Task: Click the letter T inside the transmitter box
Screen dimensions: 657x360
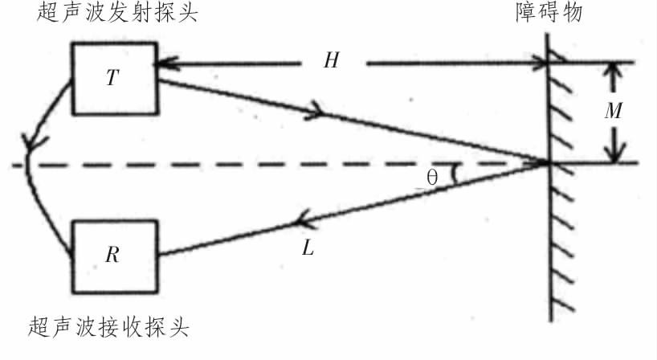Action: (112, 78)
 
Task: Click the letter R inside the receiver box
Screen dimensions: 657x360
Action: (112, 255)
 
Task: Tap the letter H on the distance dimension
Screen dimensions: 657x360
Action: (331, 60)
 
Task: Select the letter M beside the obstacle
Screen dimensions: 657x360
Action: (614, 111)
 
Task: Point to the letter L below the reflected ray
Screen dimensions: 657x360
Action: (308, 248)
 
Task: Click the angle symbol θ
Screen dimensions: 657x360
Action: (432, 178)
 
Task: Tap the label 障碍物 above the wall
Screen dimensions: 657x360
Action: (549, 13)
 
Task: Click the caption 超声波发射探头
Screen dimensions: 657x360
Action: (117, 13)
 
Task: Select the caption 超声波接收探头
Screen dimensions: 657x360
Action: (108, 327)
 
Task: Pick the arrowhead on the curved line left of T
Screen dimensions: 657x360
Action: (31, 142)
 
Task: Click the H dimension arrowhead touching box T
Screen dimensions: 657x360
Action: (163, 63)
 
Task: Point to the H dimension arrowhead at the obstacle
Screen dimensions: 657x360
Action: (540, 63)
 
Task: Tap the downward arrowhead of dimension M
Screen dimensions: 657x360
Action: (614, 153)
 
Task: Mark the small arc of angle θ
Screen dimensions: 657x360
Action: (455, 174)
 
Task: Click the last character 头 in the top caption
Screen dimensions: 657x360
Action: (188, 13)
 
